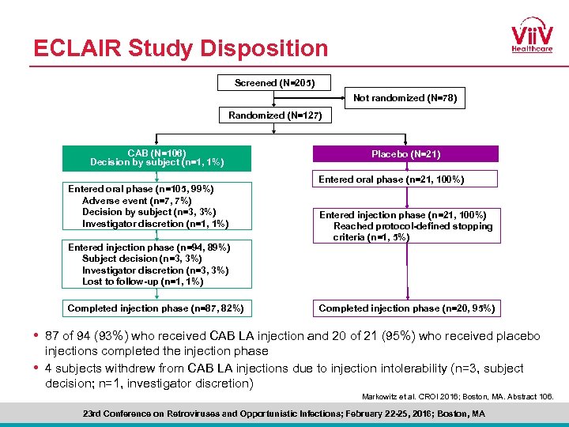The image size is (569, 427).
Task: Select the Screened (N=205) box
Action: (x=273, y=82)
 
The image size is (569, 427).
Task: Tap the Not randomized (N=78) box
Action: (x=404, y=99)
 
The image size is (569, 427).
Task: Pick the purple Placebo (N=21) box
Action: (x=406, y=154)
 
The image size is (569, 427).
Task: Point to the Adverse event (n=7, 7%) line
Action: (x=136, y=201)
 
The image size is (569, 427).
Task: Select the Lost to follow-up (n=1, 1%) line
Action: (x=142, y=282)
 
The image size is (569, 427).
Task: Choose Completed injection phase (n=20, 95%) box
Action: (x=406, y=308)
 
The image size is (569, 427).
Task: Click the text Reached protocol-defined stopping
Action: (x=413, y=226)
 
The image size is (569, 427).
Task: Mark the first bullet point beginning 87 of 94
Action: (x=292, y=336)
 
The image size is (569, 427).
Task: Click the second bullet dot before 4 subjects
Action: (x=36, y=368)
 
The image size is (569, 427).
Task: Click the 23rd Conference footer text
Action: (x=284, y=414)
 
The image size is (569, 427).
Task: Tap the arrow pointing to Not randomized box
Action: (x=339, y=99)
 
